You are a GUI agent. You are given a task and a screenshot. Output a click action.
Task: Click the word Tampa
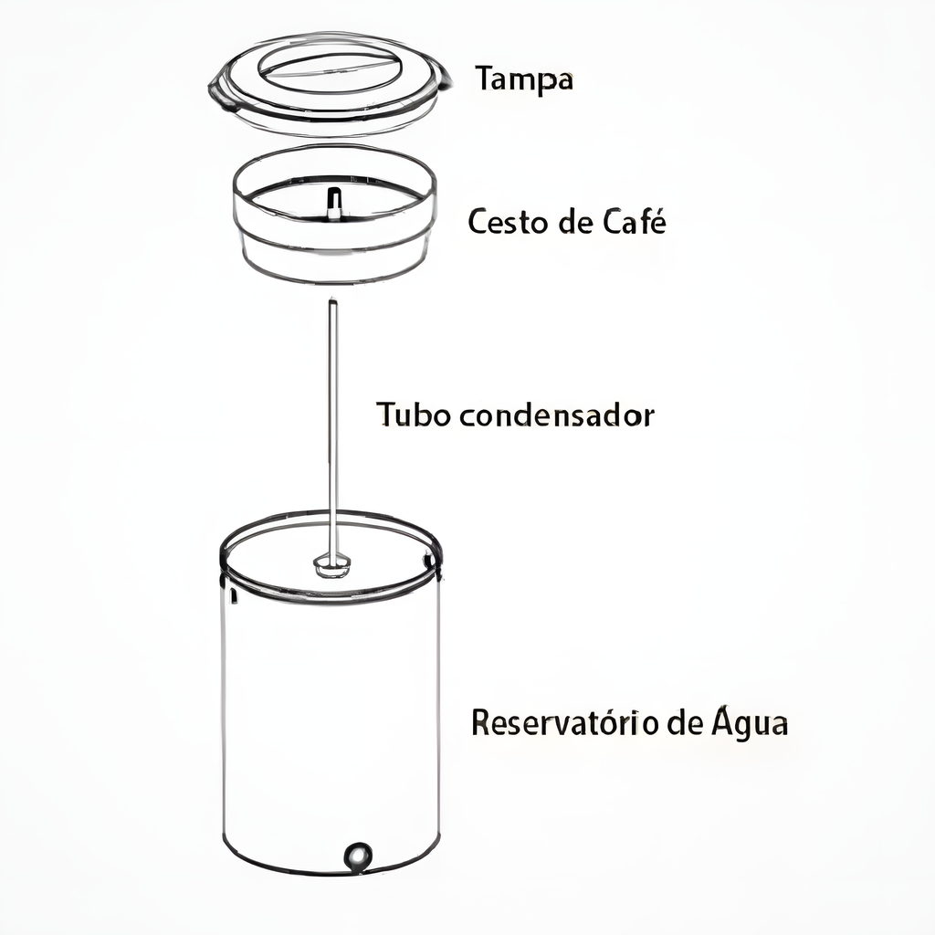tap(524, 80)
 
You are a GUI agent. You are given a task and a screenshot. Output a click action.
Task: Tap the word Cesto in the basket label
tap(501, 222)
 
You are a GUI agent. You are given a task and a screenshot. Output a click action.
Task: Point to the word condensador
tap(557, 415)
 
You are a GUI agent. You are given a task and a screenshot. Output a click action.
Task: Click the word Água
tap(749, 722)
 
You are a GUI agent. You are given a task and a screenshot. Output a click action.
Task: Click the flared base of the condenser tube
tap(332, 562)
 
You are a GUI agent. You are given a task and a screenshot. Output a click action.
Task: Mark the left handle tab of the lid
tap(220, 92)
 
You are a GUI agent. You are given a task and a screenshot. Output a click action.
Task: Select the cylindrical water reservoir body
tap(331, 721)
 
